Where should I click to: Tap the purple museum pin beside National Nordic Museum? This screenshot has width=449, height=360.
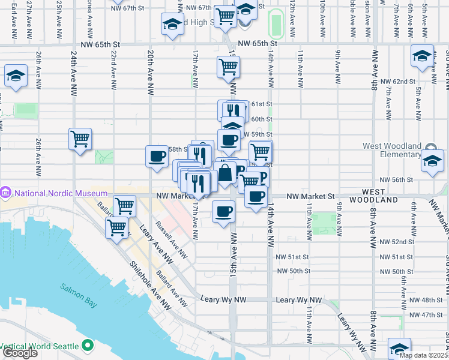[7, 193]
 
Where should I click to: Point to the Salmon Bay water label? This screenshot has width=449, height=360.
[78, 287]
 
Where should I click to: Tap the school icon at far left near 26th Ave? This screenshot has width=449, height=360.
[16, 76]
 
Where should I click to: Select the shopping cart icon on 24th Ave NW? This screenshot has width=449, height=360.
[80, 139]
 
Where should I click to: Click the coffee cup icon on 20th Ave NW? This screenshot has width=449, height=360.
[157, 157]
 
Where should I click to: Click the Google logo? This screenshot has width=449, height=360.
[19, 353]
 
